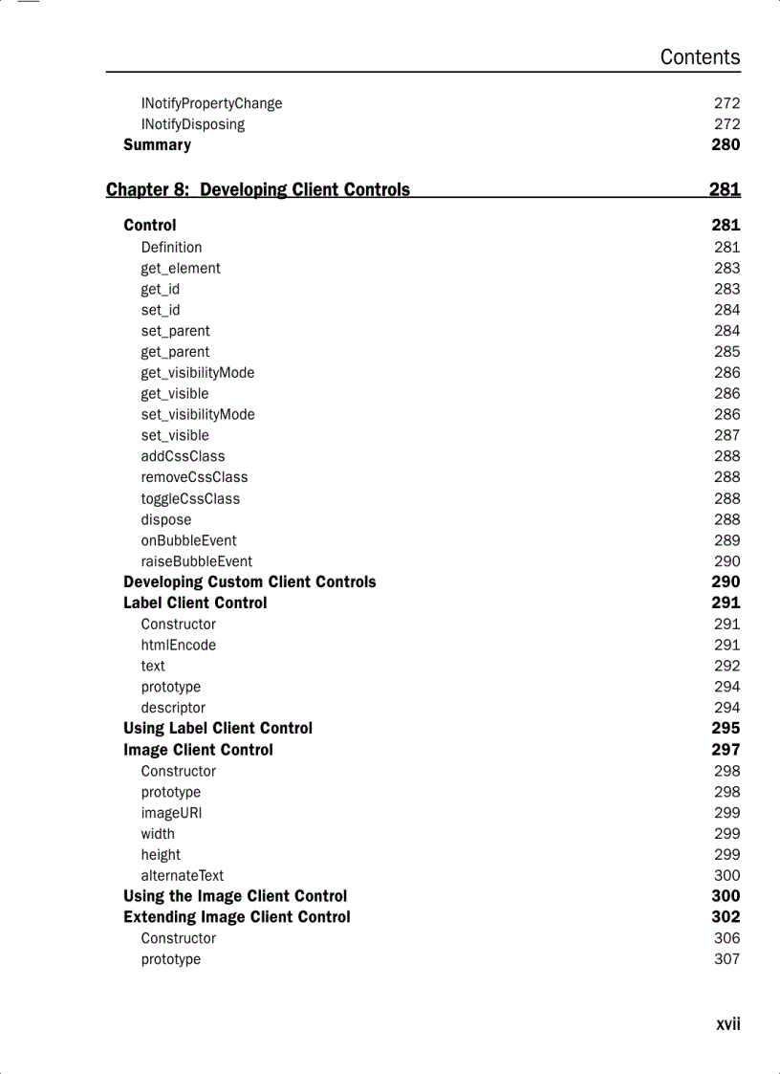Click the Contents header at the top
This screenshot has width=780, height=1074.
[x=700, y=57]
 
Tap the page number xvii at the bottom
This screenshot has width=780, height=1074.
[x=727, y=1024]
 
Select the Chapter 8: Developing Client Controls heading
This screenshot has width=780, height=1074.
[x=258, y=189]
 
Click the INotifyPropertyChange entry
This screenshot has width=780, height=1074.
[x=211, y=103]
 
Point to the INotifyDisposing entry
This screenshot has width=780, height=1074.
[x=192, y=124]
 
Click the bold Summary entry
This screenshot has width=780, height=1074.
[x=157, y=145]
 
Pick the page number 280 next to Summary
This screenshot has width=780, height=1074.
[x=726, y=145]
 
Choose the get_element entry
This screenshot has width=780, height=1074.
[x=181, y=269]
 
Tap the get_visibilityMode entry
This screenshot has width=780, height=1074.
[x=198, y=373]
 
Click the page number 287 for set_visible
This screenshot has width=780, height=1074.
[x=726, y=435]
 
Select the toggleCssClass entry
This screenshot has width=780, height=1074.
[x=190, y=498]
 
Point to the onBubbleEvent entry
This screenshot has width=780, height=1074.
[x=188, y=540]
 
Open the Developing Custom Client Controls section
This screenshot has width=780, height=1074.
[x=249, y=581]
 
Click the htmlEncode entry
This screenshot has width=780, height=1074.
[x=179, y=645]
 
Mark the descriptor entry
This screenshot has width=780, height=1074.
[x=173, y=708]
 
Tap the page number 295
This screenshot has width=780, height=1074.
[x=726, y=729]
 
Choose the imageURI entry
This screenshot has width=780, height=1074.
[x=171, y=813]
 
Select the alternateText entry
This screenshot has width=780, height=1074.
[x=183, y=875]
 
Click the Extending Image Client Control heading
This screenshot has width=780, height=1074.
[x=237, y=917]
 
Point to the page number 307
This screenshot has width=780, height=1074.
[x=726, y=959]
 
